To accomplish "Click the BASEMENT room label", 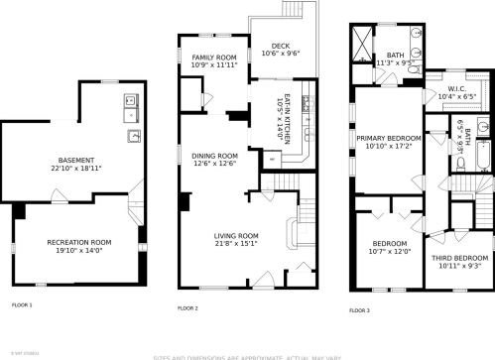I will coord(76,160).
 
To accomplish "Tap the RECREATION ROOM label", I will coord(76,241).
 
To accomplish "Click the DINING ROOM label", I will coord(214,156).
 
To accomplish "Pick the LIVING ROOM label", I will coord(236,235).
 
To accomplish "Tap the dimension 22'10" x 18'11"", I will coord(76,168).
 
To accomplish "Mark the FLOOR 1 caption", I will coord(22,305).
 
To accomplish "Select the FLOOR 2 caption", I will coord(187,308).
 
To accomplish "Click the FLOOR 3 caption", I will coord(360,310).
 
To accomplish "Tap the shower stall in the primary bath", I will coord(359,44).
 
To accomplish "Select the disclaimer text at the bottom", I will coord(247,355).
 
